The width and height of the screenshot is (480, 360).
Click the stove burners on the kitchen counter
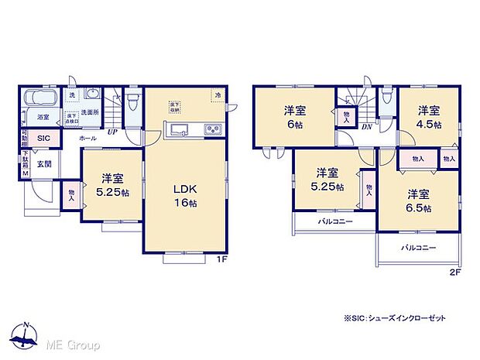pyautogui.click(x=212, y=129)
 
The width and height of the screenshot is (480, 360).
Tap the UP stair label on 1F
pyautogui.click(x=113, y=132)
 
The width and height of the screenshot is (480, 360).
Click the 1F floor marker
pyautogui.click(x=221, y=259)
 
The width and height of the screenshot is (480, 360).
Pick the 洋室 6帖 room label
pyautogui.click(x=294, y=117)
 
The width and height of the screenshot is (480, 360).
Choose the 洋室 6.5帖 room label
pyautogui.click(x=417, y=201)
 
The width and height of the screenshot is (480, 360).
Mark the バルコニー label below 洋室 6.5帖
pyautogui.click(x=418, y=249)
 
